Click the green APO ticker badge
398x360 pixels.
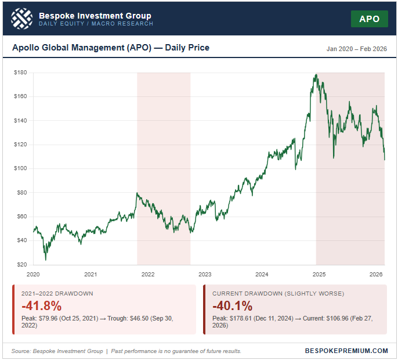pos(369,19)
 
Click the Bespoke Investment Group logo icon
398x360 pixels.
pos(22,19)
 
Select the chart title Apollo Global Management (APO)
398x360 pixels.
pos(111,48)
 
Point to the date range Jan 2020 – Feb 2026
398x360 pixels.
pos(356,49)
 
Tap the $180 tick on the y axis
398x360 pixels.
pos(21,73)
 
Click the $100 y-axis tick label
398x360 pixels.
pos(21,168)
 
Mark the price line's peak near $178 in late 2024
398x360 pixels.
pos(316,74)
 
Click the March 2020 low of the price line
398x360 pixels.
pos(45,260)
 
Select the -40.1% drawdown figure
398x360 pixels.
pos(233,306)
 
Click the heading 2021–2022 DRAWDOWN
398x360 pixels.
pos(56,294)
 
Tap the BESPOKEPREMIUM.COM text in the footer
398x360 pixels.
pos(346,351)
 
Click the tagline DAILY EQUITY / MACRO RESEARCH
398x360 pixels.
pos(96,24)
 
